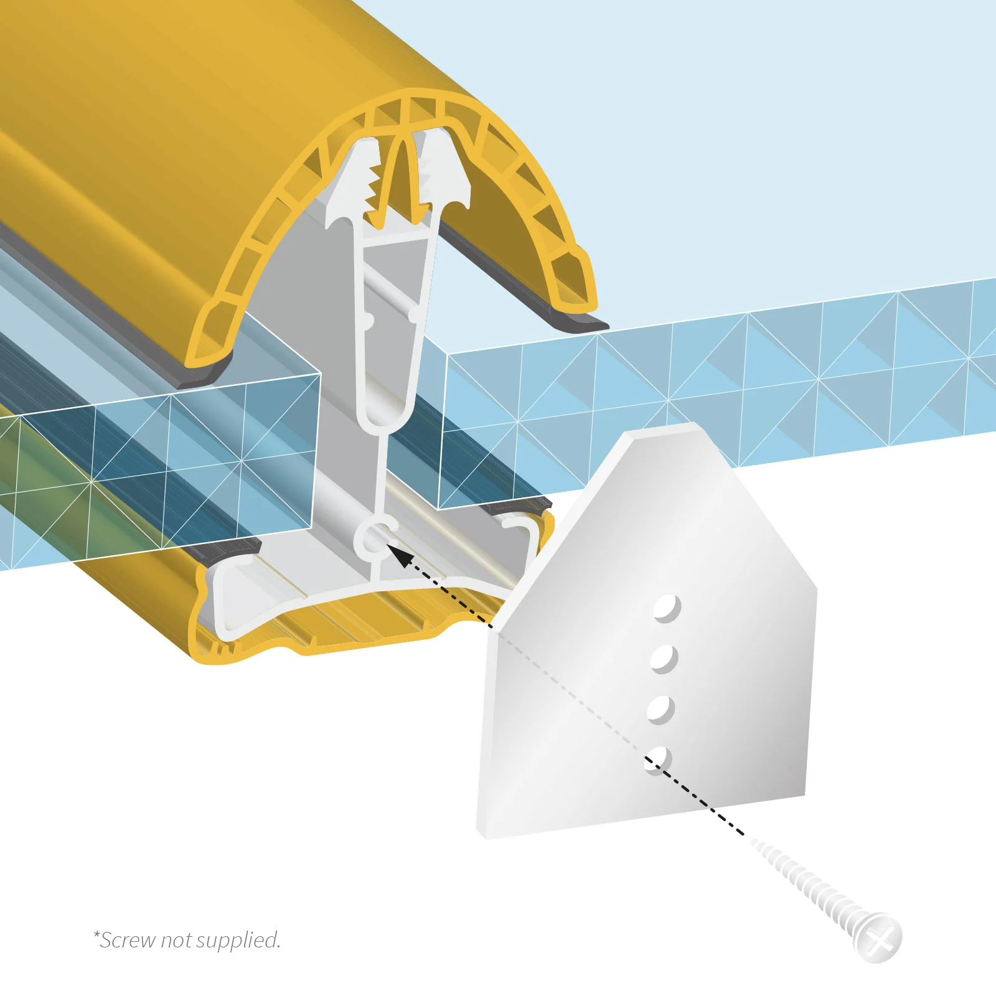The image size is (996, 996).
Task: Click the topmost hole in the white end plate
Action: click(667, 608)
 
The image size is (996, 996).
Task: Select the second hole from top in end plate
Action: click(664, 659)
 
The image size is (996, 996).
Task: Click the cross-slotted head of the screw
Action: click(879, 937)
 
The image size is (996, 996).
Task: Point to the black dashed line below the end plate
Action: click(710, 803)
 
